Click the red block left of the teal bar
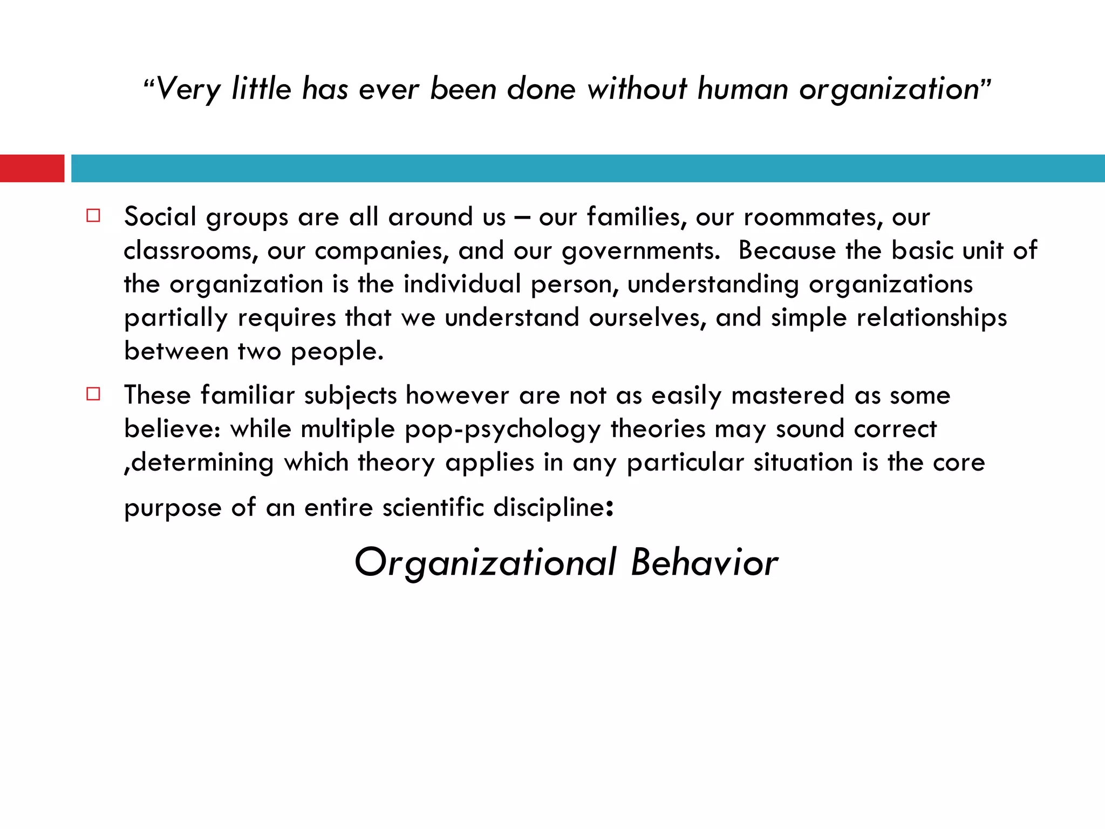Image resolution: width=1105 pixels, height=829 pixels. pyautogui.click(x=32, y=168)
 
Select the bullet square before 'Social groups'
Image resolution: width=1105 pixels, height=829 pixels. pyautogui.click(x=93, y=216)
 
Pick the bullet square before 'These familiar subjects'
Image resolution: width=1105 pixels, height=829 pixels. pyautogui.click(x=93, y=394)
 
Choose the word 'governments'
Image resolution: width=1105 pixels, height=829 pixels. pyautogui.click(x=640, y=251)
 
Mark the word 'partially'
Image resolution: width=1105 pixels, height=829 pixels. pyautogui.click(x=176, y=318)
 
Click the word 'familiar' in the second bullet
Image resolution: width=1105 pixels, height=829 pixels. pyautogui.click(x=248, y=395)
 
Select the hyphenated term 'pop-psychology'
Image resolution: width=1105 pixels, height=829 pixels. pyautogui.click(x=502, y=430)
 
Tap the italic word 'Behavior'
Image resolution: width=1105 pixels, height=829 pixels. pyautogui.click(x=704, y=562)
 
